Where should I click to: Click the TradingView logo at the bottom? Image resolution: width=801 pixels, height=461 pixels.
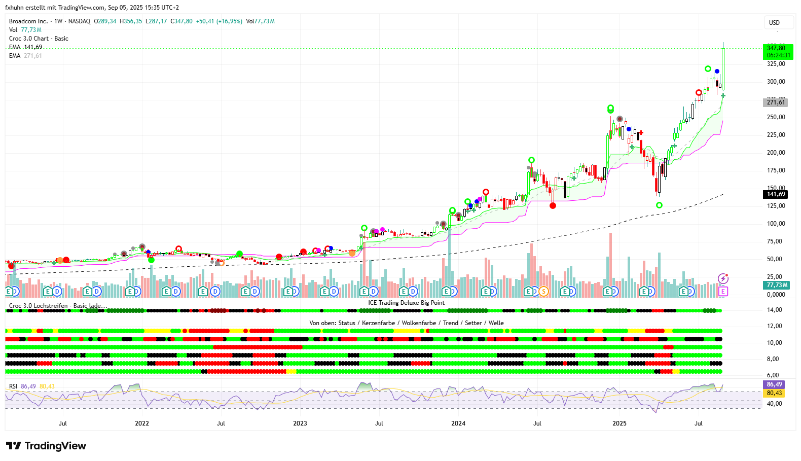click(46, 446)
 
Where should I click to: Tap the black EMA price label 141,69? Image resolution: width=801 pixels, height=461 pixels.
click(776, 194)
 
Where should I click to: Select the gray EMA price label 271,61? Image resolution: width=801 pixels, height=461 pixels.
click(776, 102)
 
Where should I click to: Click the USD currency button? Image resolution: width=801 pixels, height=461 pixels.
click(774, 23)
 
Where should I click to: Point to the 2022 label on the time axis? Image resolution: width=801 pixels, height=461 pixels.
click(142, 423)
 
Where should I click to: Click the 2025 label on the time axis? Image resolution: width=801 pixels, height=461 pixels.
click(619, 423)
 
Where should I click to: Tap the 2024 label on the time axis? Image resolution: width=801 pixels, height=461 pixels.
click(458, 423)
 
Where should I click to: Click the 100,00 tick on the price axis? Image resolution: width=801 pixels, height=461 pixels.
click(776, 224)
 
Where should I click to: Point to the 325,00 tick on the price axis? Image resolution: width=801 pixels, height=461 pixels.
click(776, 64)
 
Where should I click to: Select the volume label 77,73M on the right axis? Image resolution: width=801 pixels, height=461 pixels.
click(777, 285)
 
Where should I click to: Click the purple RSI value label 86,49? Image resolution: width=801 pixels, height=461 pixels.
click(774, 384)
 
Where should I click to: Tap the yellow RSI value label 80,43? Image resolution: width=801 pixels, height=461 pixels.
click(774, 393)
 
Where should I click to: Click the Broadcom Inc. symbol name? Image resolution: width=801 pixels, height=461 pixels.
click(28, 21)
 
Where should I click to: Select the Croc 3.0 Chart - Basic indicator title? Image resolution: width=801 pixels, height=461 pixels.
click(39, 39)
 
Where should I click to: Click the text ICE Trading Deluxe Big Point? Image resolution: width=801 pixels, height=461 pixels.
click(406, 303)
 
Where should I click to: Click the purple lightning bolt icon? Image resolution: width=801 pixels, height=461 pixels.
click(723, 278)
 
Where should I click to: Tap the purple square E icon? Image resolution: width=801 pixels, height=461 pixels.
click(723, 291)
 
